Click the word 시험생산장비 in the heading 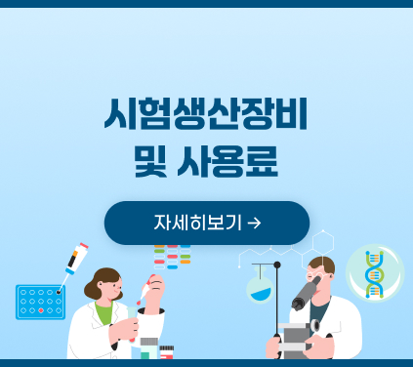(206, 115)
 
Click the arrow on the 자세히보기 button (255, 223)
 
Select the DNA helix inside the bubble (374, 273)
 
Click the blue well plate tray (40, 302)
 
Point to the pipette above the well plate (74, 262)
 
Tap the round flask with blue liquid (260, 290)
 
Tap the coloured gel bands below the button (172, 256)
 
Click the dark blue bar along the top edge (206, 3)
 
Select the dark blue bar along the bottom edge (206, 362)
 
